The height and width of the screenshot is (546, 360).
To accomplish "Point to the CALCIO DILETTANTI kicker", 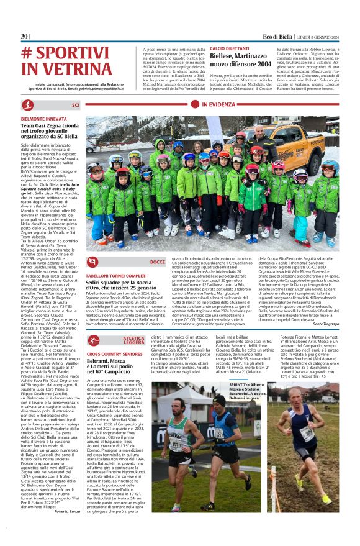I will (229, 48).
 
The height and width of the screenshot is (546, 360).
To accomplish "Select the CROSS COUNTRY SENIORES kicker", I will (115, 353).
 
